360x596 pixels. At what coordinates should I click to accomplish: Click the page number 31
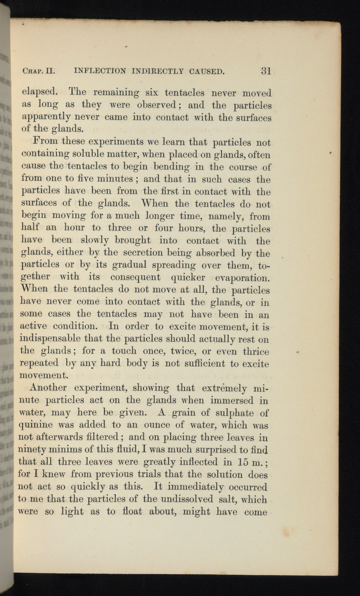(266, 71)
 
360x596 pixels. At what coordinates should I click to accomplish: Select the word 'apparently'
(46, 118)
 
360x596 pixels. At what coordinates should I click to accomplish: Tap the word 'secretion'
(143, 253)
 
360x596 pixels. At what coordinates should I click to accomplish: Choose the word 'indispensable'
(50, 339)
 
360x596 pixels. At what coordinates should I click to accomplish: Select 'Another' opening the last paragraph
(48, 387)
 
